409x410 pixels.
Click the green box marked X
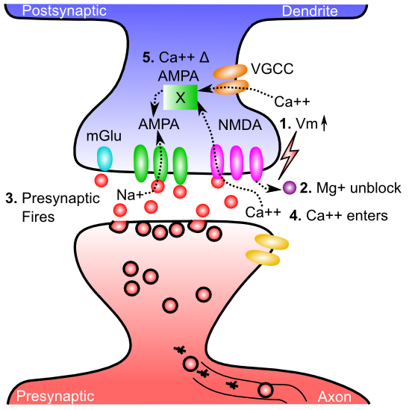tap(181, 97)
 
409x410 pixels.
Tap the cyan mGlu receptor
tap(104, 158)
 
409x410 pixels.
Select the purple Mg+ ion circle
tap(290, 187)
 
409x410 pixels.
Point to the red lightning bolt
tap(289, 155)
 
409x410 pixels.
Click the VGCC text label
tap(272, 69)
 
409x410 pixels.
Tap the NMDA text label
tap(240, 125)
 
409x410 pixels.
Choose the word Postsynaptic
tap(64, 11)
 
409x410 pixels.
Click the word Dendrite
tap(310, 11)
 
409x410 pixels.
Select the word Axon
tap(334, 397)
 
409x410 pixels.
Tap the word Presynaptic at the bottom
tap(55, 397)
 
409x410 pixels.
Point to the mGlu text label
tap(104, 136)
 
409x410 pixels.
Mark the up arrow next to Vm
tap(324, 123)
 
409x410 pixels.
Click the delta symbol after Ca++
tap(204, 58)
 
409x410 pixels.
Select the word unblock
tap(375, 188)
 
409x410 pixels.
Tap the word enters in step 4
tap(366, 216)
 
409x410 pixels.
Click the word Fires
tap(38, 217)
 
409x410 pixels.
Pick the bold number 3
tap(11, 199)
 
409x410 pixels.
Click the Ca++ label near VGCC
tap(292, 102)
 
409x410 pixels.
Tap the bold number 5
tap(149, 58)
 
